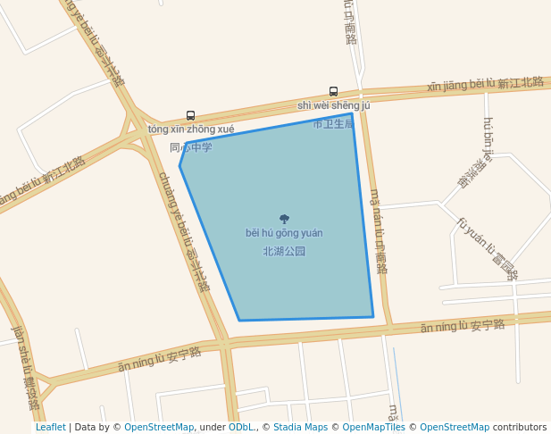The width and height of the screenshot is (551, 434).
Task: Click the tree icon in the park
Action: click(x=284, y=219)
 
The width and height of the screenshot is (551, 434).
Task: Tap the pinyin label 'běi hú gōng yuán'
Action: click(x=284, y=233)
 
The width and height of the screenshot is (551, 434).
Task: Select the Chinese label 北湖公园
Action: click(x=284, y=252)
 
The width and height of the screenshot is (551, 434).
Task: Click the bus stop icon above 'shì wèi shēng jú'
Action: click(x=333, y=91)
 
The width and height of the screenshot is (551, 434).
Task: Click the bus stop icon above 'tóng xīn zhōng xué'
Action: click(x=190, y=115)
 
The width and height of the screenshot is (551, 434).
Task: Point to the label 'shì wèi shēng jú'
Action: click(x=333, y=105)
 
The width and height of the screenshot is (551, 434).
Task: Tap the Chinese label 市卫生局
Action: click(x=333, y=124)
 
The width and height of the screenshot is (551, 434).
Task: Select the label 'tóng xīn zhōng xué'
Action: click(x=191, y=129)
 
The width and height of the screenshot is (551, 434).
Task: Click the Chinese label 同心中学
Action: click(x=191, y=147)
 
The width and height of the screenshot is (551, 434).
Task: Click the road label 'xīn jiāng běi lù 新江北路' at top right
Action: click(x=485, y=84)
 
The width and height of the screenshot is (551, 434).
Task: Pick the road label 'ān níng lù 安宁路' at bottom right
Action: click(x=463, y=325)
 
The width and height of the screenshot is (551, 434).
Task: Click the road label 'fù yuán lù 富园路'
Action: click(x=487, y=249)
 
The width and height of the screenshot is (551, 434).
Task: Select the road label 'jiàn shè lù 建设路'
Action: click(x=25, y=367)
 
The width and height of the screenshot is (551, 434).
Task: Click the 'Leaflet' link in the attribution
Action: click(x=50, y=428)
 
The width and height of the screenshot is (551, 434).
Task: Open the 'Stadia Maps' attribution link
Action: click(x=300, y=428)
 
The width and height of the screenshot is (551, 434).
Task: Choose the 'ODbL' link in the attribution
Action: click(x=241, y=428)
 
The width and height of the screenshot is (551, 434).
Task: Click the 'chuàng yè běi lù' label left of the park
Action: click(x=183, y=231)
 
